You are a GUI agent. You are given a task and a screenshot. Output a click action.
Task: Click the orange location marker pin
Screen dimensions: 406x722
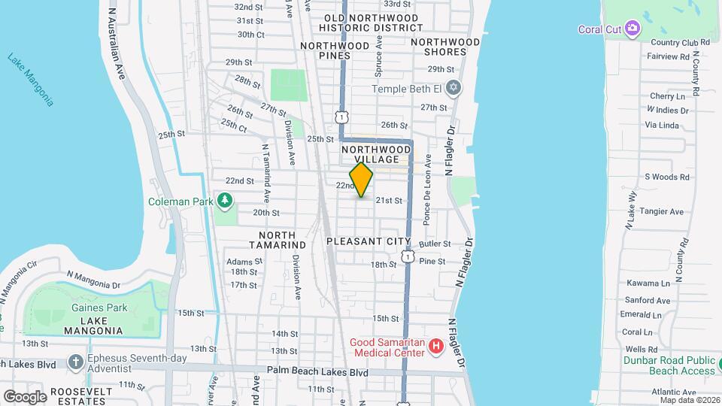point(362,180)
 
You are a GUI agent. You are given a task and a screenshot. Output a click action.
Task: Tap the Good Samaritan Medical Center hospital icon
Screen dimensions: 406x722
point(435,347)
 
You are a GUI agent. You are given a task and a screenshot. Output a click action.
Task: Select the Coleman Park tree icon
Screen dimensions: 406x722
point(224,200)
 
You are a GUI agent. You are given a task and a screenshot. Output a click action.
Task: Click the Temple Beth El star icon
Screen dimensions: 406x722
point(452,89)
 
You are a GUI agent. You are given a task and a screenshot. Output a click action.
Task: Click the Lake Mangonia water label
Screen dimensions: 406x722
point(31,78)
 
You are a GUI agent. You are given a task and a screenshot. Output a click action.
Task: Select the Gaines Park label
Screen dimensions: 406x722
point(99,308)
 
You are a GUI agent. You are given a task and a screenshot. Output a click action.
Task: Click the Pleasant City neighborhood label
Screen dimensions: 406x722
point(369,241)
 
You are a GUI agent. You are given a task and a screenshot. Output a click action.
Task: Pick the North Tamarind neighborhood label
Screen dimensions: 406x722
point(278,240)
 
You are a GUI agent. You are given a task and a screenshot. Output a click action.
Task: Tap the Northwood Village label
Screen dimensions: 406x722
point(375,155)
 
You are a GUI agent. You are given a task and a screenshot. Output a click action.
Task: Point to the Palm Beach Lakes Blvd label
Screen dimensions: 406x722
point(317,372)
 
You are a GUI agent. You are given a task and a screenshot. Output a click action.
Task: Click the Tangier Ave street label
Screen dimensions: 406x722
point(663,212)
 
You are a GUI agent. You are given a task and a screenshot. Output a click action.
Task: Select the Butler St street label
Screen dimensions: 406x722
point(435,244)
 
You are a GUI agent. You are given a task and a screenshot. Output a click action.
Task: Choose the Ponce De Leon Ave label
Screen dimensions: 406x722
point(426,190)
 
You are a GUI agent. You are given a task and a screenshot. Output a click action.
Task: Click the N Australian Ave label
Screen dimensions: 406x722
point(116,45)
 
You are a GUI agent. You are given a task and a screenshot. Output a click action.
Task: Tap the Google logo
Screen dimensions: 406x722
point(25,396)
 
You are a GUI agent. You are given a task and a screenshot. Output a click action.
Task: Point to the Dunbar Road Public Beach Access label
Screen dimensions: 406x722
point(669,365)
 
